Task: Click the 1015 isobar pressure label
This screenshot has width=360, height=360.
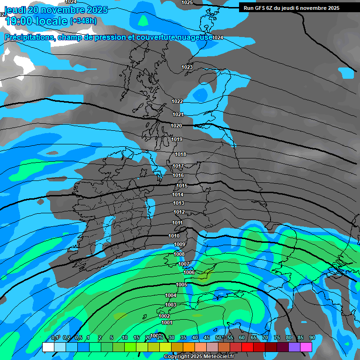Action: [182, 186]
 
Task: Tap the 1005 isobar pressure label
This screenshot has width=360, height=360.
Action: [181, 285]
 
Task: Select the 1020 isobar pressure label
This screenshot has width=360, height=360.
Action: [176, 126]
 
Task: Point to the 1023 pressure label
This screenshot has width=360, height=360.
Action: [187, 67]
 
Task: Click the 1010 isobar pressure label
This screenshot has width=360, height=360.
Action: [173, 236]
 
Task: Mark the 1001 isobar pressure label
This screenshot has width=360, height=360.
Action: [166, 322]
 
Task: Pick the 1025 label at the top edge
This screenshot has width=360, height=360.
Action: [187, 2]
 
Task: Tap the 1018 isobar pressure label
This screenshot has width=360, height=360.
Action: [180, 154]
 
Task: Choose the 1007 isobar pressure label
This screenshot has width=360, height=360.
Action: [184, 264]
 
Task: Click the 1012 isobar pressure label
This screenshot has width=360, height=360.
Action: [179, 212]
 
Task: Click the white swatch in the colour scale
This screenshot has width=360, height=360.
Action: [48, 347]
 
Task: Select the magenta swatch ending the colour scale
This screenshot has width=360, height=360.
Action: [306, 347]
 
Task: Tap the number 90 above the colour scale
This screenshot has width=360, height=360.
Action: [312, 338]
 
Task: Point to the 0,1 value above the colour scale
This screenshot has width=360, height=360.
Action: [55, 338]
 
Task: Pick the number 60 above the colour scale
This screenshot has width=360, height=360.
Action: [242, 338]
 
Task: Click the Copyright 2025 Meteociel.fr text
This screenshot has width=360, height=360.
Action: [198, 356]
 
